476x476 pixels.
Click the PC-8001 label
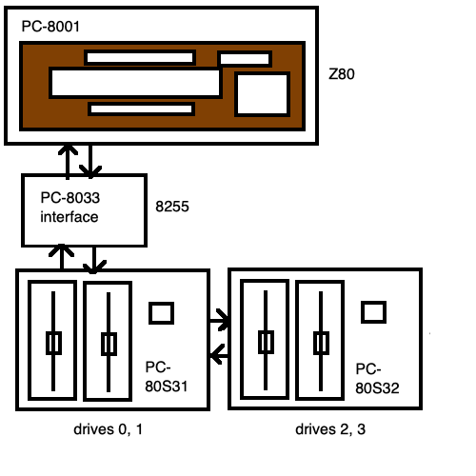tap(50, 27)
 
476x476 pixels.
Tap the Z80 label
tap(342, 74)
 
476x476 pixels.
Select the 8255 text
tap(172, 207)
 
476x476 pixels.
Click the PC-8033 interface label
tap(69, 208)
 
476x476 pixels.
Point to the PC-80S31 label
tap(166, 377)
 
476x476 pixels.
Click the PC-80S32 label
tap(377, 378)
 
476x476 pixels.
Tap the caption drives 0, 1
tap(108, 429)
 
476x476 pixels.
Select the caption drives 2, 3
tap(330, 429)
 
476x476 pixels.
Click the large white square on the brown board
tap(262, 94)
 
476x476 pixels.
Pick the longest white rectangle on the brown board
tap(135, 83)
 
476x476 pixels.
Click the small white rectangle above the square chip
tap(245, 59)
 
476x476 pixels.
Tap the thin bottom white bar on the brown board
tap(141, 109)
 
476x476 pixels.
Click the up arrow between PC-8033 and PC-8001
tap(68, 162)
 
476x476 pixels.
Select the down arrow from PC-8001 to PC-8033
tap(90, 161)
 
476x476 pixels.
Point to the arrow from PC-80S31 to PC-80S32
tap(220, 320)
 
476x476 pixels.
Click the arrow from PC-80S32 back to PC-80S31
tap(220, 354)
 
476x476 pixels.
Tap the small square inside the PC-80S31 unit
tap(162, 313)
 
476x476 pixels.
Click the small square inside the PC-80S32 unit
tap(374, 312)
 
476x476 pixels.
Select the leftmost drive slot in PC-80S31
tap(52, 340)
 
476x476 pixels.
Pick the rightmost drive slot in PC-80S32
tap(320, 340)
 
